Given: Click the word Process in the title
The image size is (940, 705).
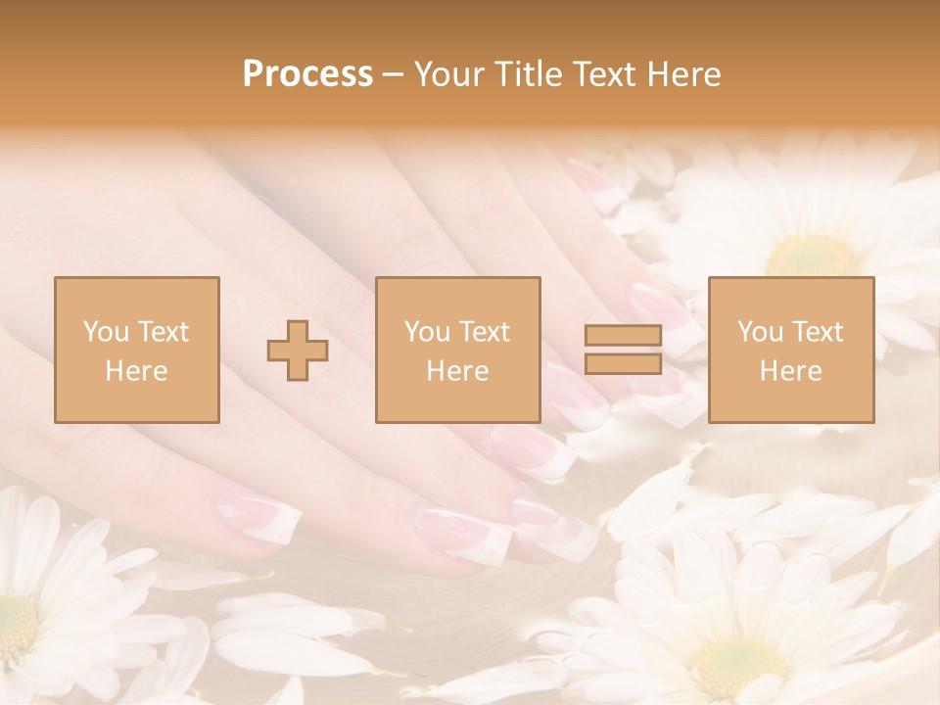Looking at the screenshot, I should coord(307,74).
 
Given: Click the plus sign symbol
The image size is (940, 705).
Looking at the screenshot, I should coord(298,350).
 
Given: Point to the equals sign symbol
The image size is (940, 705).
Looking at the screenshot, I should coord(623,350).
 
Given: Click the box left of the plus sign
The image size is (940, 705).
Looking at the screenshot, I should coord(136,350).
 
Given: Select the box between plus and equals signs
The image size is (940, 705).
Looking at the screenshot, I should coord(457,350).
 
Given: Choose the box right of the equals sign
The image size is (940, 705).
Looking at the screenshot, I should coord(791,350).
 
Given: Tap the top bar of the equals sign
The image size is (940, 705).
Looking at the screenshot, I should coord(623,335).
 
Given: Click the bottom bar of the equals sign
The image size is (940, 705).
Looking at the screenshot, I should coord(623,363).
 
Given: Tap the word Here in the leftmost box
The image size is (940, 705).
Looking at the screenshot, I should coord(136,370).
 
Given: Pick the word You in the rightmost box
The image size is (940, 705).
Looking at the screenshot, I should coord(760,332).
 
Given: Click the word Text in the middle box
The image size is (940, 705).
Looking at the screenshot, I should coord(485,332).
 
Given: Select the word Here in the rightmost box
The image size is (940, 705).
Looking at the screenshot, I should coord(791,370).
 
